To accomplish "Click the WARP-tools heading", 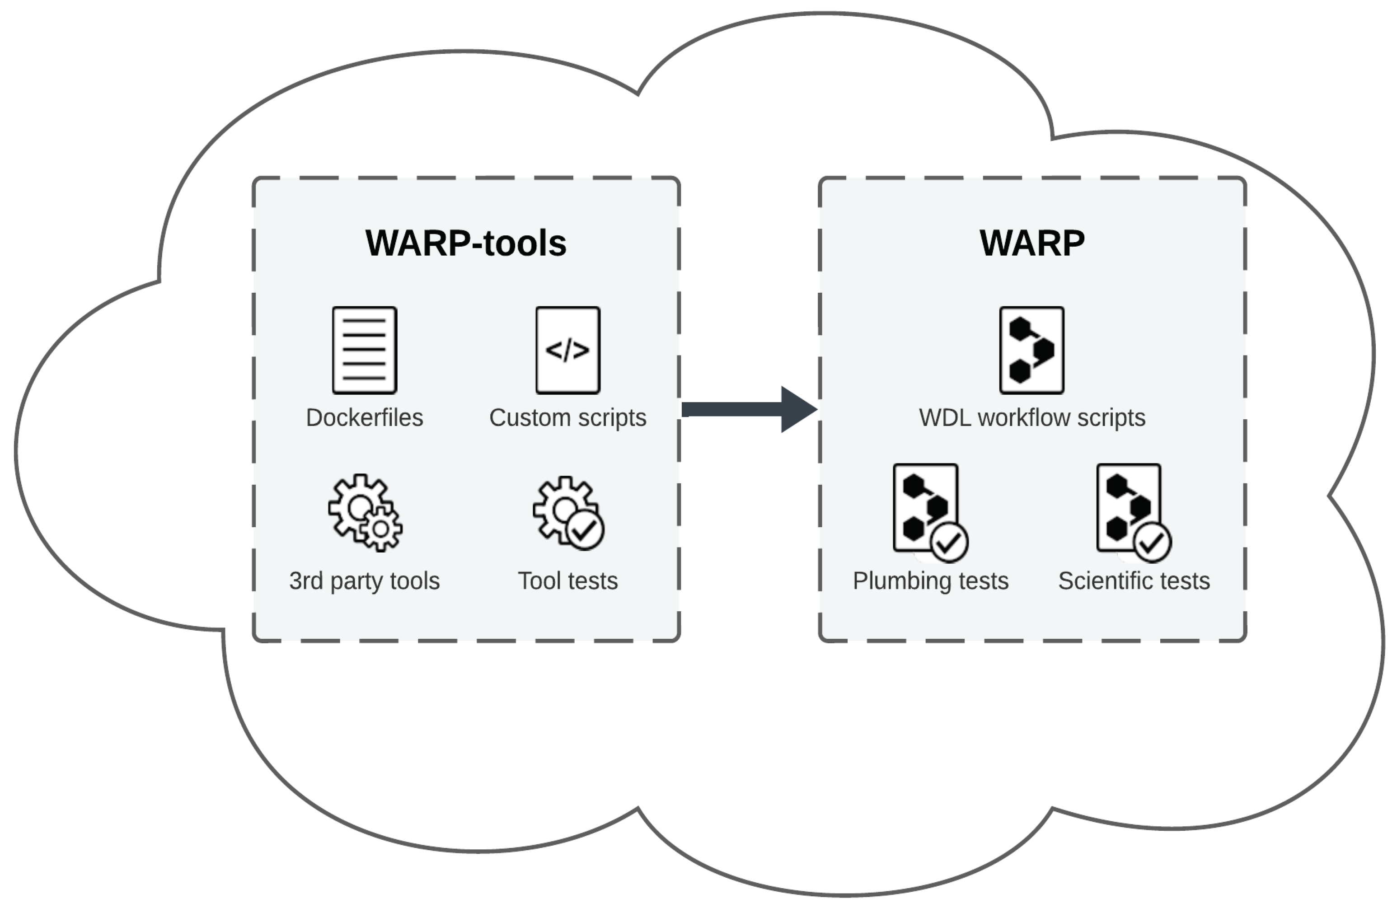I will pos(465,243).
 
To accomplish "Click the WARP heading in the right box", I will pos(1031,243).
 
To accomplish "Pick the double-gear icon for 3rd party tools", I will pos(365,512).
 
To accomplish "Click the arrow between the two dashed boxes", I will pos(748,409).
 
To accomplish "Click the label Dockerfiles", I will pos(365,418).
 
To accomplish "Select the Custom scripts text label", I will pos(567,418).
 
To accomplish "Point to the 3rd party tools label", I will pos(365,581).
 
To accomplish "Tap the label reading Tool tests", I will pos(567,581).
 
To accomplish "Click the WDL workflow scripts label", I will pos(1031,418).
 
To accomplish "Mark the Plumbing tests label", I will pos(930,581).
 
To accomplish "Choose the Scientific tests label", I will pos(1134,581).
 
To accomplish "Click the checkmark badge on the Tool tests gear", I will pos(585,530).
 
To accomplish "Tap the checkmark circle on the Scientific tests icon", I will pos(1152,543).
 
